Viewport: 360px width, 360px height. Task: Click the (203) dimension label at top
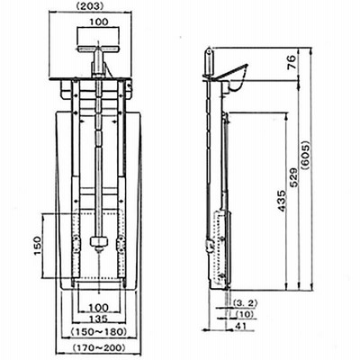click(x=90, y=6)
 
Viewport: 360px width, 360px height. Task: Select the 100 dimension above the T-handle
click(x=98, y=22)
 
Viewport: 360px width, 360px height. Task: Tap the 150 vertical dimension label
click(x=37, y=246)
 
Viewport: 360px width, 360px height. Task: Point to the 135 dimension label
click(x=99, y=318)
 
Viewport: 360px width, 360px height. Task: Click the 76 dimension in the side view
click(x=292, y=63)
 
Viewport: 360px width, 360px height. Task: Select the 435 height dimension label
click(x=282, y=201)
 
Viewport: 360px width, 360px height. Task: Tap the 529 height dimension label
click(x=293, y=177)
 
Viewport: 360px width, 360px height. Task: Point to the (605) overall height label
click(x=307, y=156)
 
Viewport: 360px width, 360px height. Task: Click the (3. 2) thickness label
click(x=245, y=303)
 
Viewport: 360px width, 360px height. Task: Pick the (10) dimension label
click(x=245, y=314)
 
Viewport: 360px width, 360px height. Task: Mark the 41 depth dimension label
click(x=241, y=326)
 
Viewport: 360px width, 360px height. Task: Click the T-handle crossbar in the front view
click(x=98, y=49)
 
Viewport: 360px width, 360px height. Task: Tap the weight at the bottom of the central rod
click(x=98, y=241)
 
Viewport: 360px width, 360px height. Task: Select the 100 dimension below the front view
click(x=99, y=308)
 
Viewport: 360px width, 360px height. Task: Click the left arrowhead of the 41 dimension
click(x=205, y=330)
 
